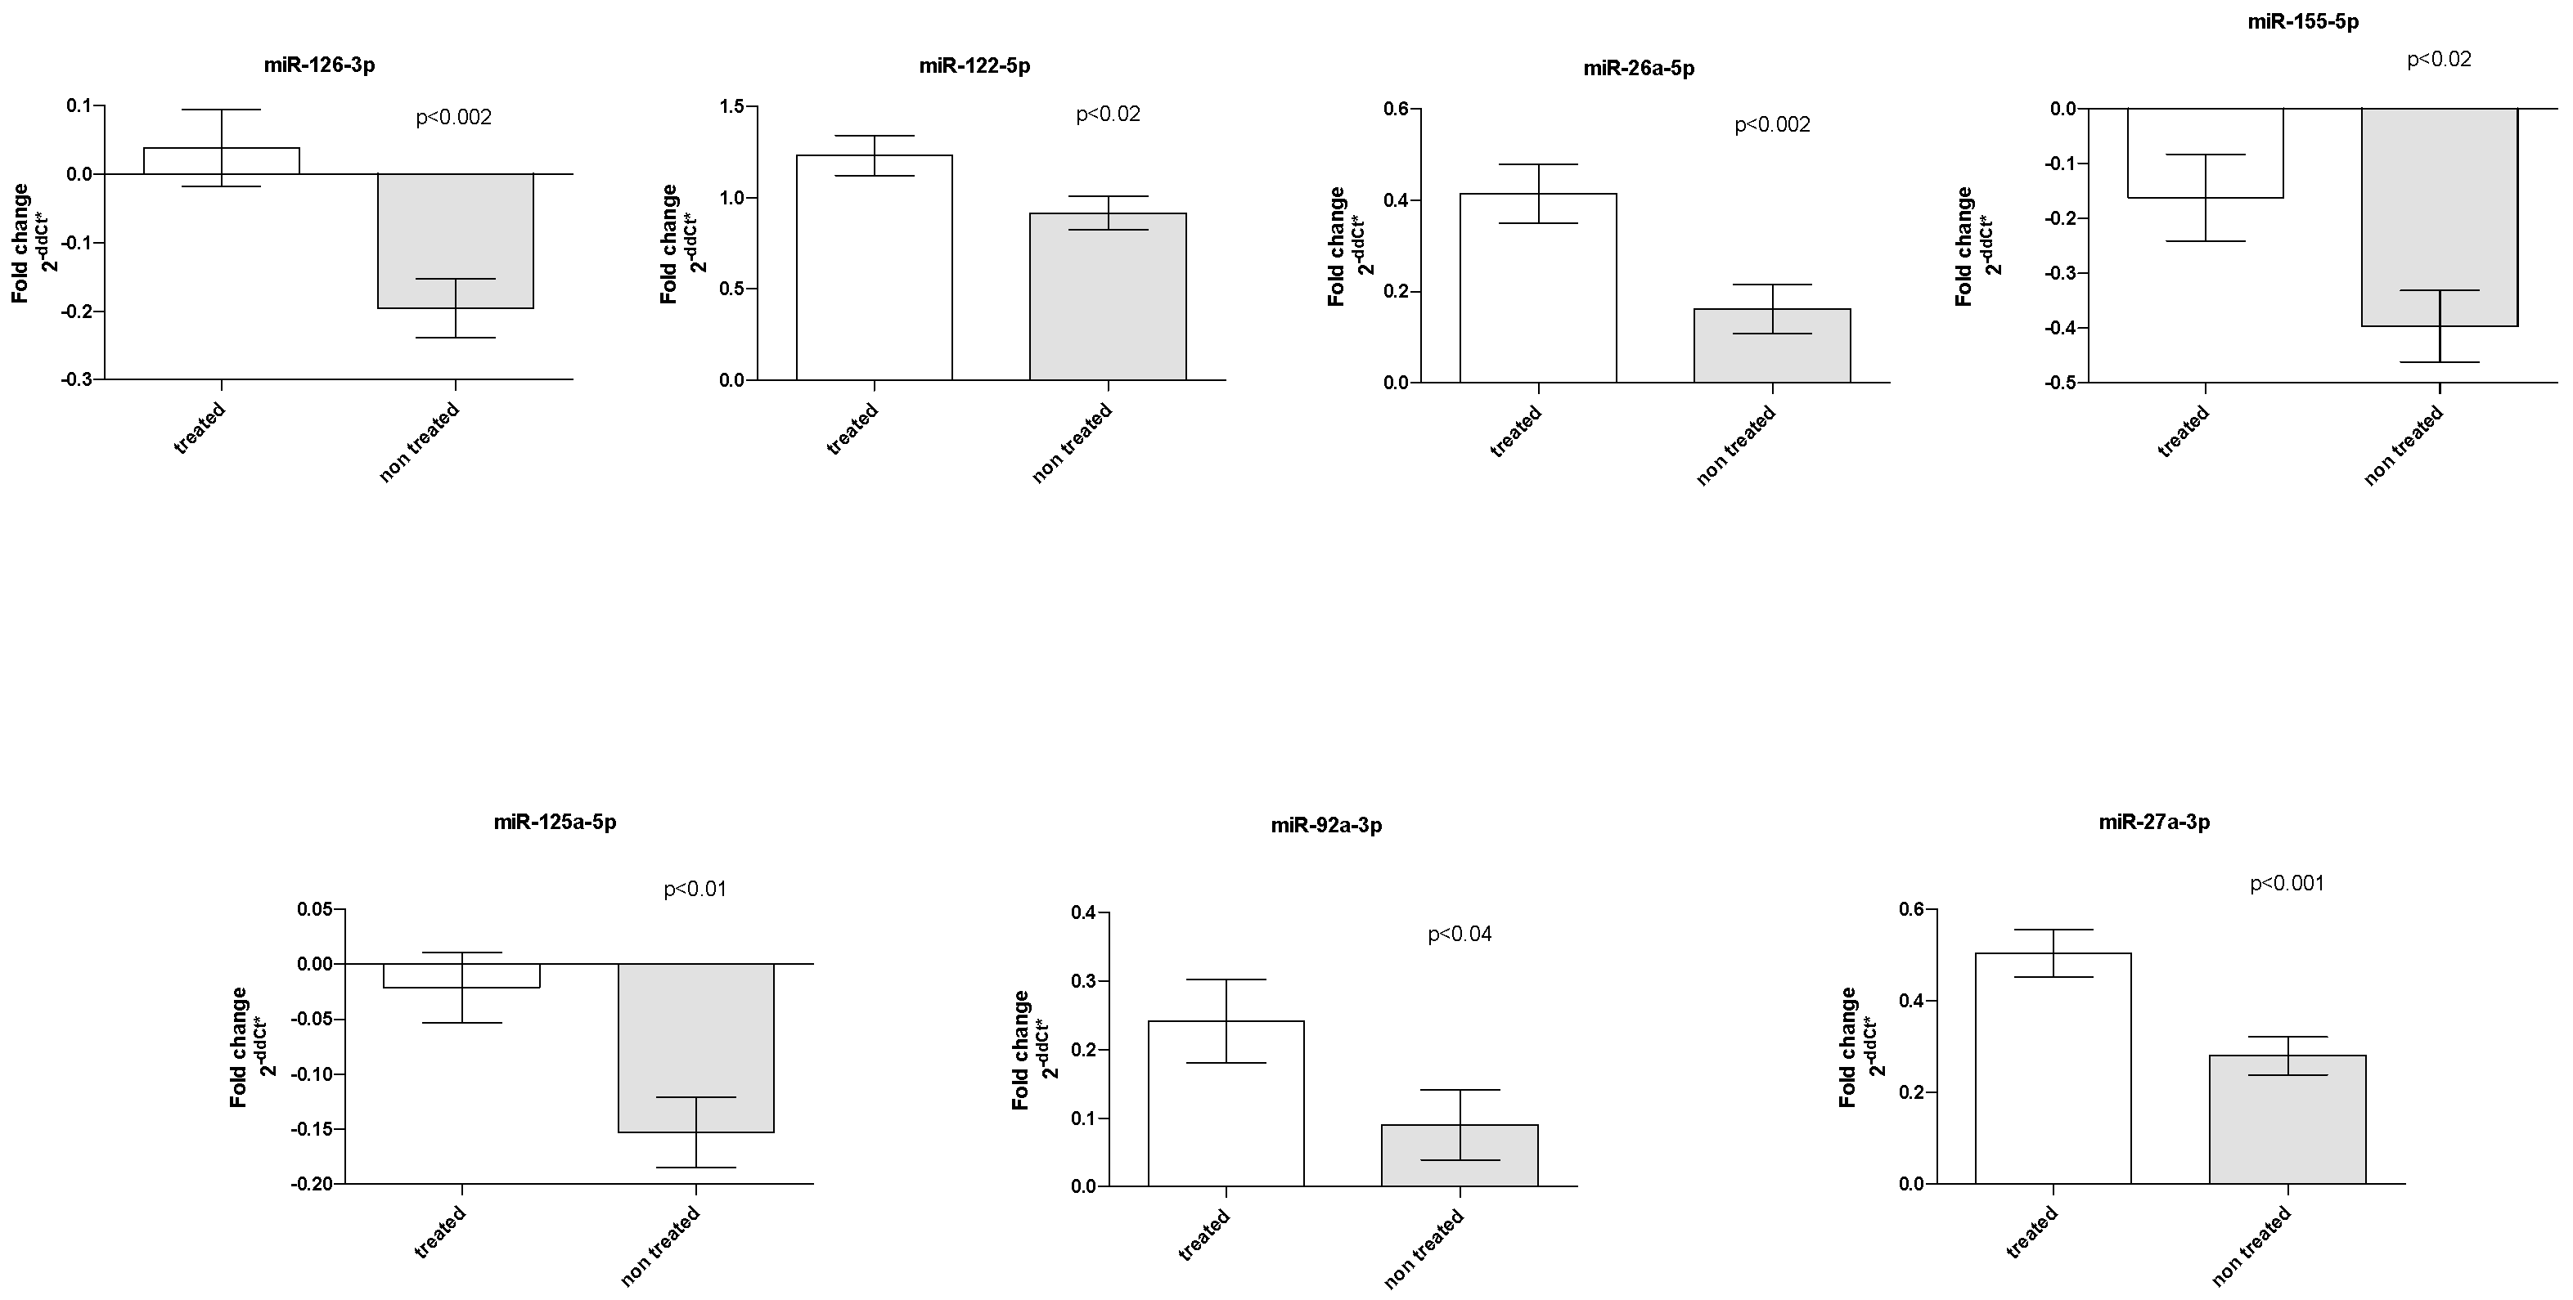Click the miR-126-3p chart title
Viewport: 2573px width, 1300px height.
click(x=320, y=66)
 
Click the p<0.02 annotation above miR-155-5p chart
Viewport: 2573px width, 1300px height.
click(x=2439, y=59)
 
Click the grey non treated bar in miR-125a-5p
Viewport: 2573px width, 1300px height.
click(x=695, y=1047)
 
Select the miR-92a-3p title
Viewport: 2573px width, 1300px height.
click(x=1325, y=826)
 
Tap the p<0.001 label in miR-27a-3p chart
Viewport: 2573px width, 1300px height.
click(x=2287, y=884)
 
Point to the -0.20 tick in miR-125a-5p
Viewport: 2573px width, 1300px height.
click(x=313, y=1184)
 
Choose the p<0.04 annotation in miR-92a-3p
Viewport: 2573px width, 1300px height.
click(x=1460, y=935)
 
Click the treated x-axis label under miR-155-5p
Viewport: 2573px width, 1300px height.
click(x=2184, y=433)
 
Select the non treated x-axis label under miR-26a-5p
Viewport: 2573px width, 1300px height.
click(x=1736, y=446)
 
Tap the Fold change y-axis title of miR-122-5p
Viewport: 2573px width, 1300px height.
click(x=669, y=244)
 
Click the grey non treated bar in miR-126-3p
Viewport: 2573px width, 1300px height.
click(x=456, y=240)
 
